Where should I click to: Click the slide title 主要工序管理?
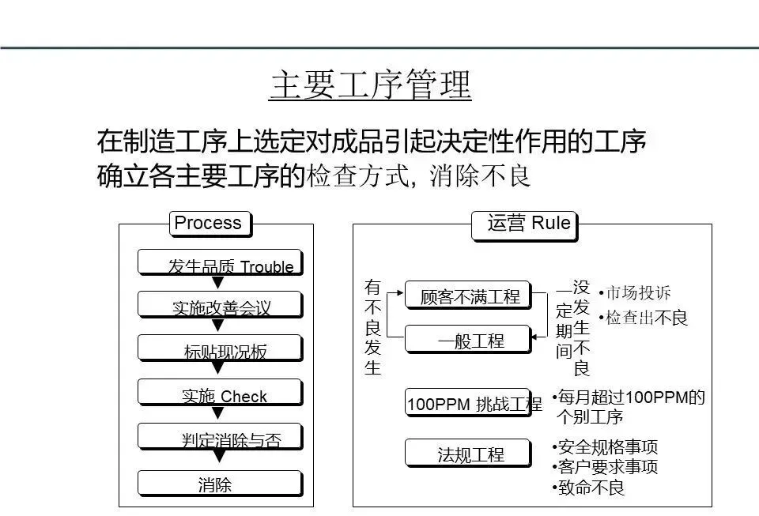370,85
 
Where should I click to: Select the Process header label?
209,224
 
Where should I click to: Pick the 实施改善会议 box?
220,305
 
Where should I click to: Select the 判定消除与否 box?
220,436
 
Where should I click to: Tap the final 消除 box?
220,483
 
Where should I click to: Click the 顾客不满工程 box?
468,296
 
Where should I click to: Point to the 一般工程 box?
468,340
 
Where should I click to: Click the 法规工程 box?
468,453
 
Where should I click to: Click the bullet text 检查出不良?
644,318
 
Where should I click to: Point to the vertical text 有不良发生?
372,327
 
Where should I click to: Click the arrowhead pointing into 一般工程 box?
535,337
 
